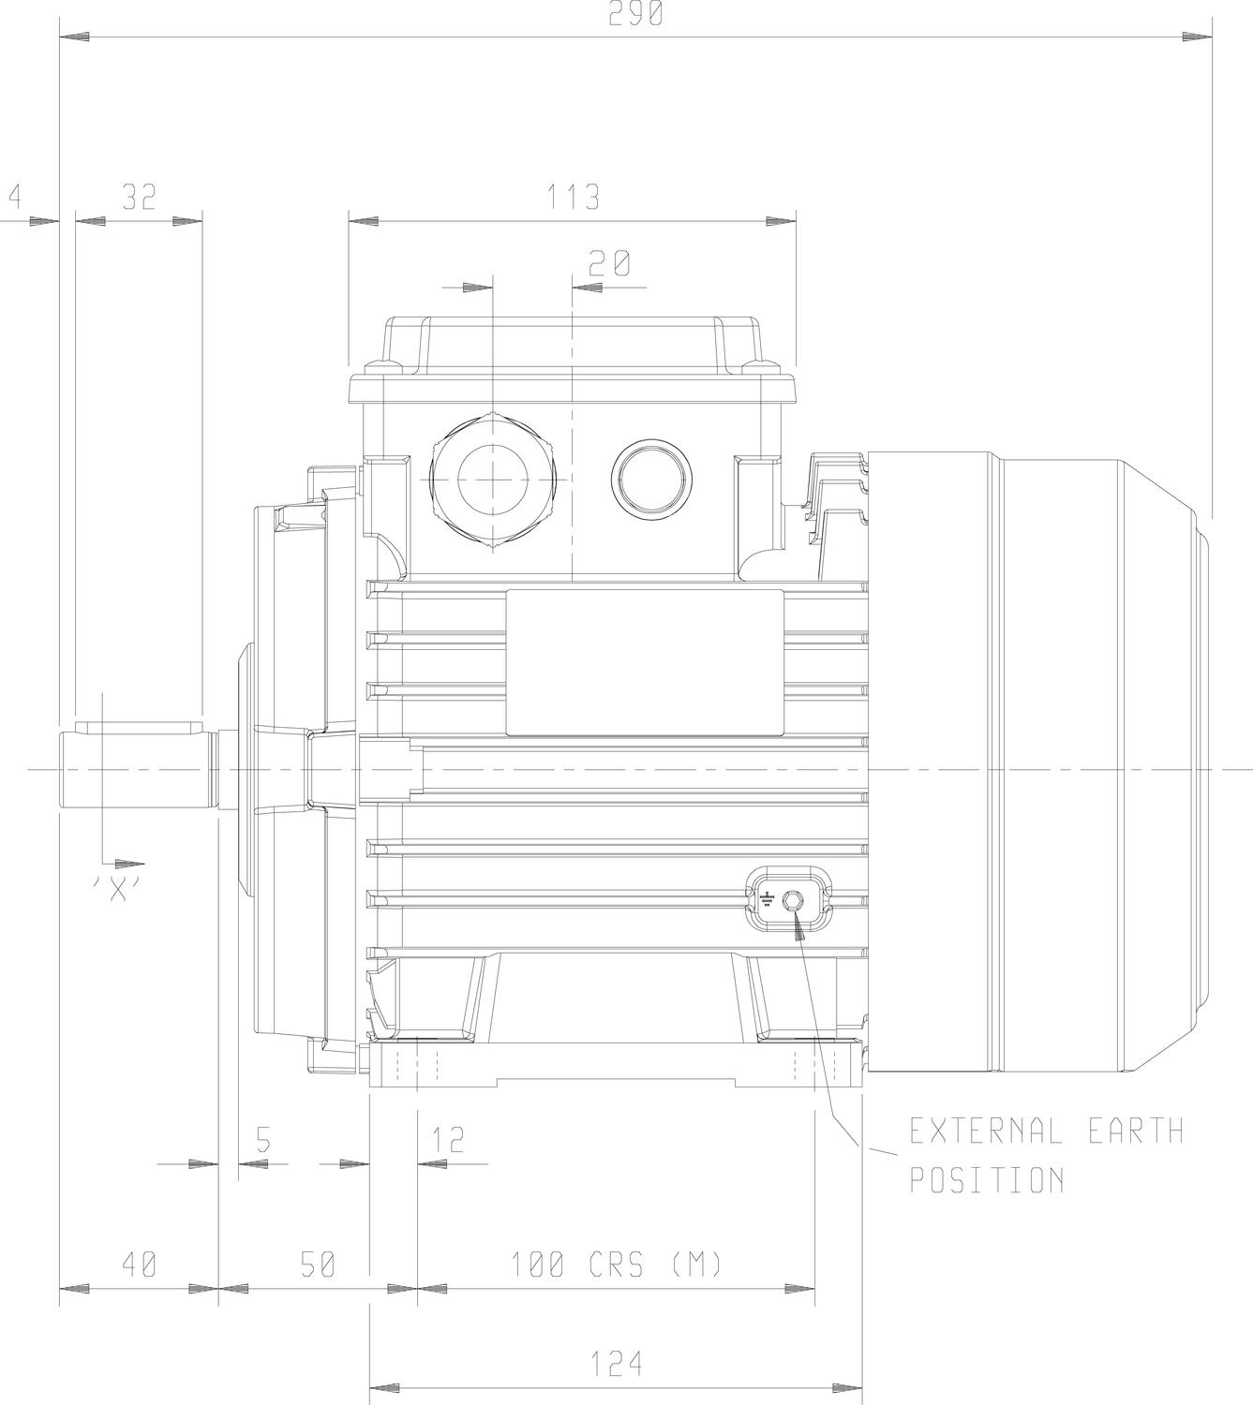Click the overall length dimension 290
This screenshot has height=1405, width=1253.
click(634, 13)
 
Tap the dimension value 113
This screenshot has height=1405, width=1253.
click(573, 197)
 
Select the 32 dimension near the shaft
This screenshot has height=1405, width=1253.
click(139, 197)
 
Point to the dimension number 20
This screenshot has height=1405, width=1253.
click(609, 263)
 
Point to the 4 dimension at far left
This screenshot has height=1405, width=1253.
click(15, 197)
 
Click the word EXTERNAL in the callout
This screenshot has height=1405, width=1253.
click(986, 1131)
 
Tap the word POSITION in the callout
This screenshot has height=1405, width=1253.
click(987, 1179)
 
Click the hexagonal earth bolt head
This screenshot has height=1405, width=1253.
click(792, 901)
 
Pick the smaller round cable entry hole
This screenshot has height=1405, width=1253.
click(651, 478)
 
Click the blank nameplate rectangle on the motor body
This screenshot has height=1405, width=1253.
click(645, 662)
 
